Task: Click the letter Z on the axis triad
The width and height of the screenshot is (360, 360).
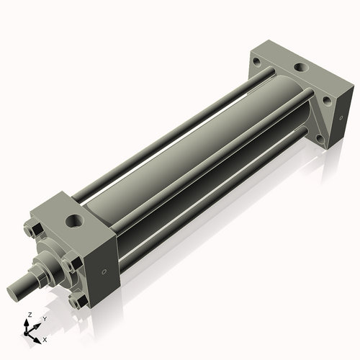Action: (x=27, y=315)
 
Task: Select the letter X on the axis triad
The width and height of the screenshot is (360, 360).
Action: (x=45, y=338)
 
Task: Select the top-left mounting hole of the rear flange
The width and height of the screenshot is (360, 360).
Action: (x=257, y=62)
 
